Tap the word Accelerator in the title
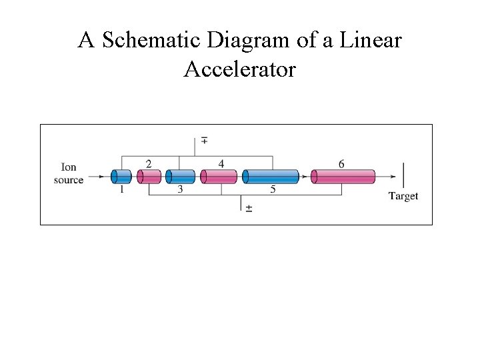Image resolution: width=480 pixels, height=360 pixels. tap(239, 69)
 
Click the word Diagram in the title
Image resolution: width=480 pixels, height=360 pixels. tap(251, 41)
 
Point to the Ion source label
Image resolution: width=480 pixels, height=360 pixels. tap(69, 173)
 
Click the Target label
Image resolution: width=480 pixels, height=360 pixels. tap(403, 196)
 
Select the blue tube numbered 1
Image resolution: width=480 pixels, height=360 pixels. tap(121, 177)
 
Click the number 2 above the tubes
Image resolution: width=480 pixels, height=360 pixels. tap(148, 164)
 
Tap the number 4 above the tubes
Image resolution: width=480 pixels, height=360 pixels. tap(221, 164)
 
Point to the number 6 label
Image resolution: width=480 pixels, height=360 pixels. tap(341, 164)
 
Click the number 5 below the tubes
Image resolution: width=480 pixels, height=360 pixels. tap(273, 190)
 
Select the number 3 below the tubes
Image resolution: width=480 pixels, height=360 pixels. tap(180, 190)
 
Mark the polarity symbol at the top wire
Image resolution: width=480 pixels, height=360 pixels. tap(203, 141)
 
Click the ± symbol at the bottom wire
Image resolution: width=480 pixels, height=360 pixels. tap(249, 209)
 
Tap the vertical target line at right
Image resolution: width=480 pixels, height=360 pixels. tap(403, 176)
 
